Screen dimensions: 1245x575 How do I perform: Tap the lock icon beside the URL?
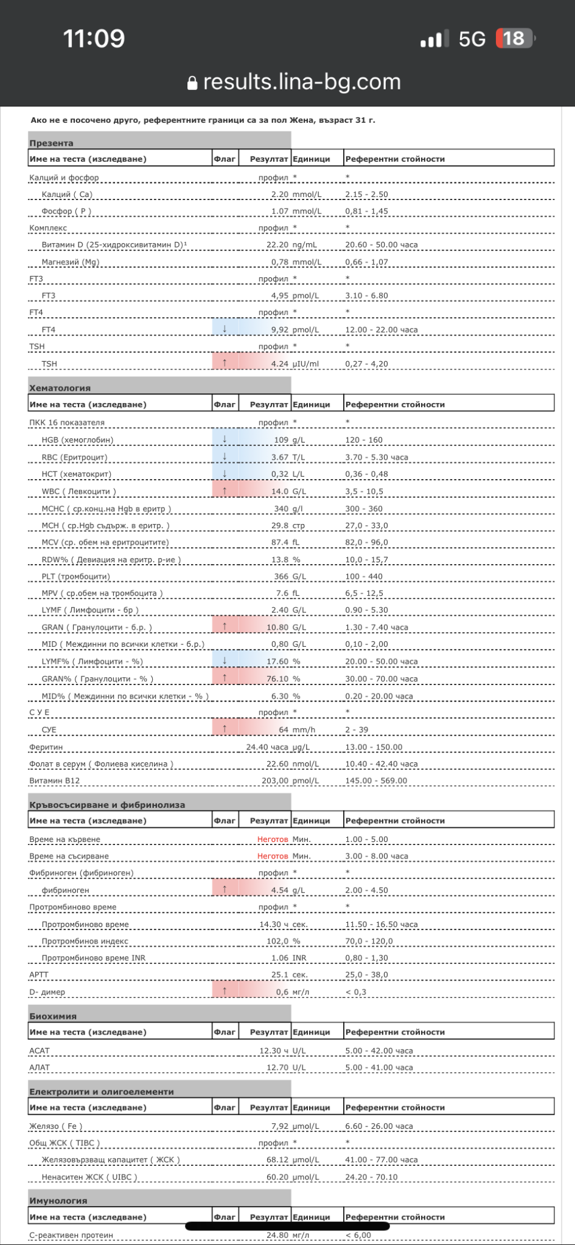click(x=192, y=83)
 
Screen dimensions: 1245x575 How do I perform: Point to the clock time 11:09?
click(x=94, y=38)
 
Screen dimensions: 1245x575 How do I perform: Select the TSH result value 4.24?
click(x=280, y=364)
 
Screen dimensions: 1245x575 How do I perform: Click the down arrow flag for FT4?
click(x=225, y=329)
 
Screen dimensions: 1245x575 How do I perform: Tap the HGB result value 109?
click(x=281, y=440)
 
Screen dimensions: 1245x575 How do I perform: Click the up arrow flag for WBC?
click(x=225, y=491)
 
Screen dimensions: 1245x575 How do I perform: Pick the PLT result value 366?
click(x=281, y=576)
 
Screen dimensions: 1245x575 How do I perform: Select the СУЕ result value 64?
click(x=284, y=729)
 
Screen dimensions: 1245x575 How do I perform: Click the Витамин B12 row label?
click(x=55, y=781)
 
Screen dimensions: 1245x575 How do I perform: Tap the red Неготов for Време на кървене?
click(x=273, y=839)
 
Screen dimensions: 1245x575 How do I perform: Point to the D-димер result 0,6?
click(x=282, y=992)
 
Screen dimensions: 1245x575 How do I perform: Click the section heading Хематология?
click(x=60, y=388)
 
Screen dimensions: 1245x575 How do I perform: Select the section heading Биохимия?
click(x=53, y=1016)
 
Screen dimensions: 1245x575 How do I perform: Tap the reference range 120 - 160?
click(x=364, y=440)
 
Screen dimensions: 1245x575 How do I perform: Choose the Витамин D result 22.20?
click(x=277, y=244)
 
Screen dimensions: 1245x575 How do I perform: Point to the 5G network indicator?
click(x=472, y=39)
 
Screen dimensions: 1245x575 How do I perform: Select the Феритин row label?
click(x=46, y=747)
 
